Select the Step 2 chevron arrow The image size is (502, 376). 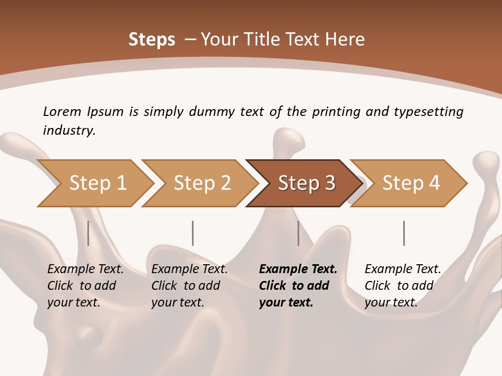click(x=202, y=183)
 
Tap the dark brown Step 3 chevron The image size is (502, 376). click(x=306, y=183)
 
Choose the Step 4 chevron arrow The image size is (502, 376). click(x=411, y=183)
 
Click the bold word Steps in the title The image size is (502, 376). click(x=152, y=40)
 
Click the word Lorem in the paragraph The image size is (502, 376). click(x=62, y=111)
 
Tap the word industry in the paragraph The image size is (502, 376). click(x=69, y=130)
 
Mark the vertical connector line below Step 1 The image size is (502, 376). click(x=88, y=233)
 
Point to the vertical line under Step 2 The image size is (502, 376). click(x=192, y=233)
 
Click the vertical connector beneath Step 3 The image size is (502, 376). click(x=298, y=233)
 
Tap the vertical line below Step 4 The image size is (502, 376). click(x=404, y=233)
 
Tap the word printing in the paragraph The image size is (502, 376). click(x=336, y=111)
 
